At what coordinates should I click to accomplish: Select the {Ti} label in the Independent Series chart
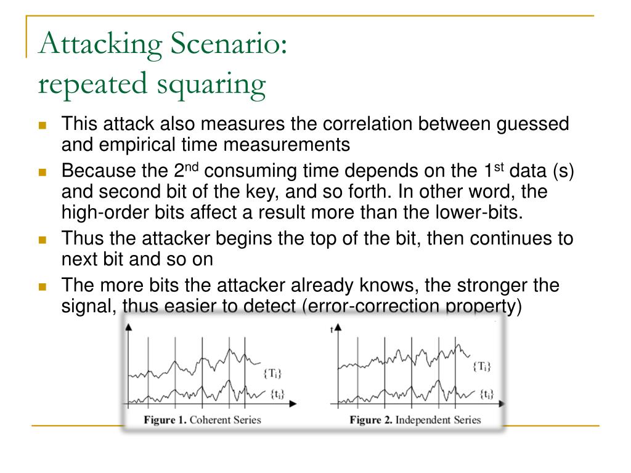coord(481,366)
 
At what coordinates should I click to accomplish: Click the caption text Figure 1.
coord(165,420)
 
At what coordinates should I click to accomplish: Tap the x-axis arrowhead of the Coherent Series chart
coord(293,403)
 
